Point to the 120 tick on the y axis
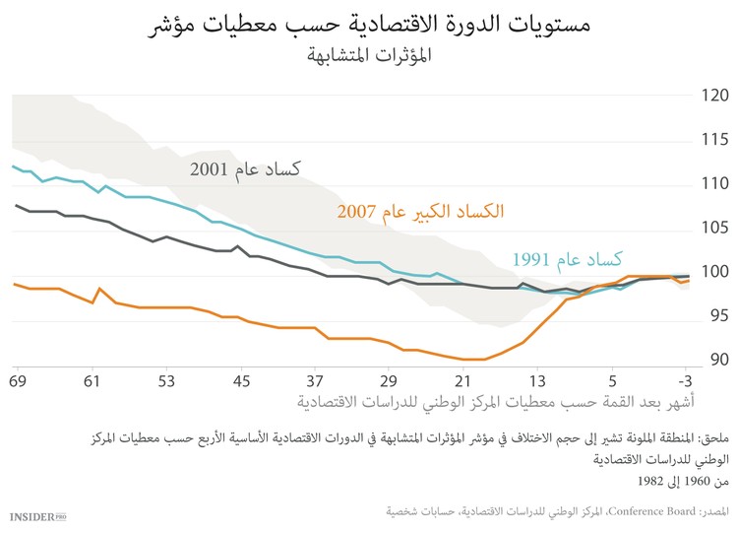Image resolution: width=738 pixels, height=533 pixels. [x=715, y=96]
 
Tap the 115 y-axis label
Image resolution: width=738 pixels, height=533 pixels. [x=715, y=141]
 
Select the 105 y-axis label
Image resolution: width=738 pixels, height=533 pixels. [x=715, y=229]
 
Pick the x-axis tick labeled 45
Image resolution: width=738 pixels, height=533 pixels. [x=240, y=380]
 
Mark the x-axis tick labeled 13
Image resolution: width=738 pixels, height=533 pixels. [x=537, y=380]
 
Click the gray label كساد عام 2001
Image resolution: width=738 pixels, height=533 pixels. [x=245, y=169]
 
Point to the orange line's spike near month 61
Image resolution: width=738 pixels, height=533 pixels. [x=99, y=289]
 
